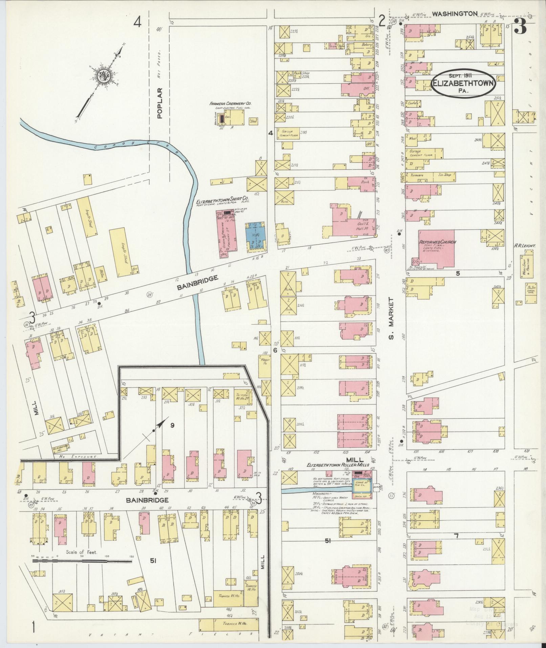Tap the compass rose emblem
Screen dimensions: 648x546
click(x=102, y=77)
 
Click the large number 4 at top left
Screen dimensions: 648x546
click(x=137, y=22)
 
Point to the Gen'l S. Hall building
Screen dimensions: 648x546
click(x=359, y=224)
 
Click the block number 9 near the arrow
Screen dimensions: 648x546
click(x=172, y=425)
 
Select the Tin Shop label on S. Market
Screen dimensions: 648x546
click(x=443, y=175)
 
